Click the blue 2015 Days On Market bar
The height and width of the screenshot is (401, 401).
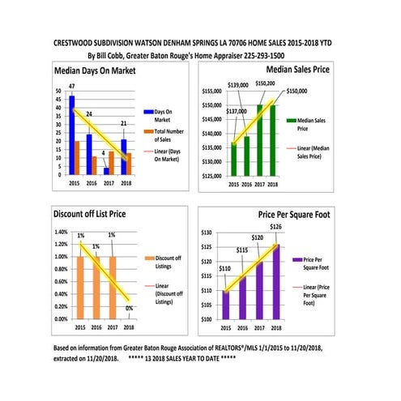point(71,134)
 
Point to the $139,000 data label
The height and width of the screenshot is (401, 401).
point(238,85)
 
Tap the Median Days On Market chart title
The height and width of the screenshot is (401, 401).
point(95,70)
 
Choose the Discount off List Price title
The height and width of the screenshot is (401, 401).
point(90,215)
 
